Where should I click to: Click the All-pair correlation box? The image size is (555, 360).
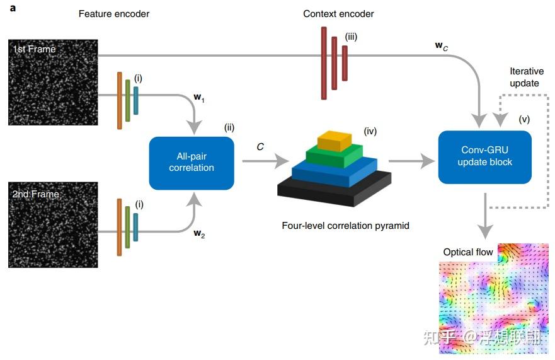[192, 163]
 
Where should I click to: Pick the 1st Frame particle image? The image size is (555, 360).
[53, 82]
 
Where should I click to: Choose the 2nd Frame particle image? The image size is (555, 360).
[53, 224]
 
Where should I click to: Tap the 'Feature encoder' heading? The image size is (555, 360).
[114, 13]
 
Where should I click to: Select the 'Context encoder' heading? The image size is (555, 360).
[339, 13]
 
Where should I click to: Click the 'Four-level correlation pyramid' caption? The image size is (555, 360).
[345, 225]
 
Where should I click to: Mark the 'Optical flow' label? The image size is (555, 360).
[468, 252]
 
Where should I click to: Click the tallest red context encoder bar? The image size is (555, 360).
[324, 63]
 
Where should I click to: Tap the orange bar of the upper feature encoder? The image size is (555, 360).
[119, 100]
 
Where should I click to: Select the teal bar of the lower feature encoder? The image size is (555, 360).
[135, 227]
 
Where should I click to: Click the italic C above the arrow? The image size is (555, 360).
[260, 146]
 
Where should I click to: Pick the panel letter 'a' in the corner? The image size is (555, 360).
[13, 8]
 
